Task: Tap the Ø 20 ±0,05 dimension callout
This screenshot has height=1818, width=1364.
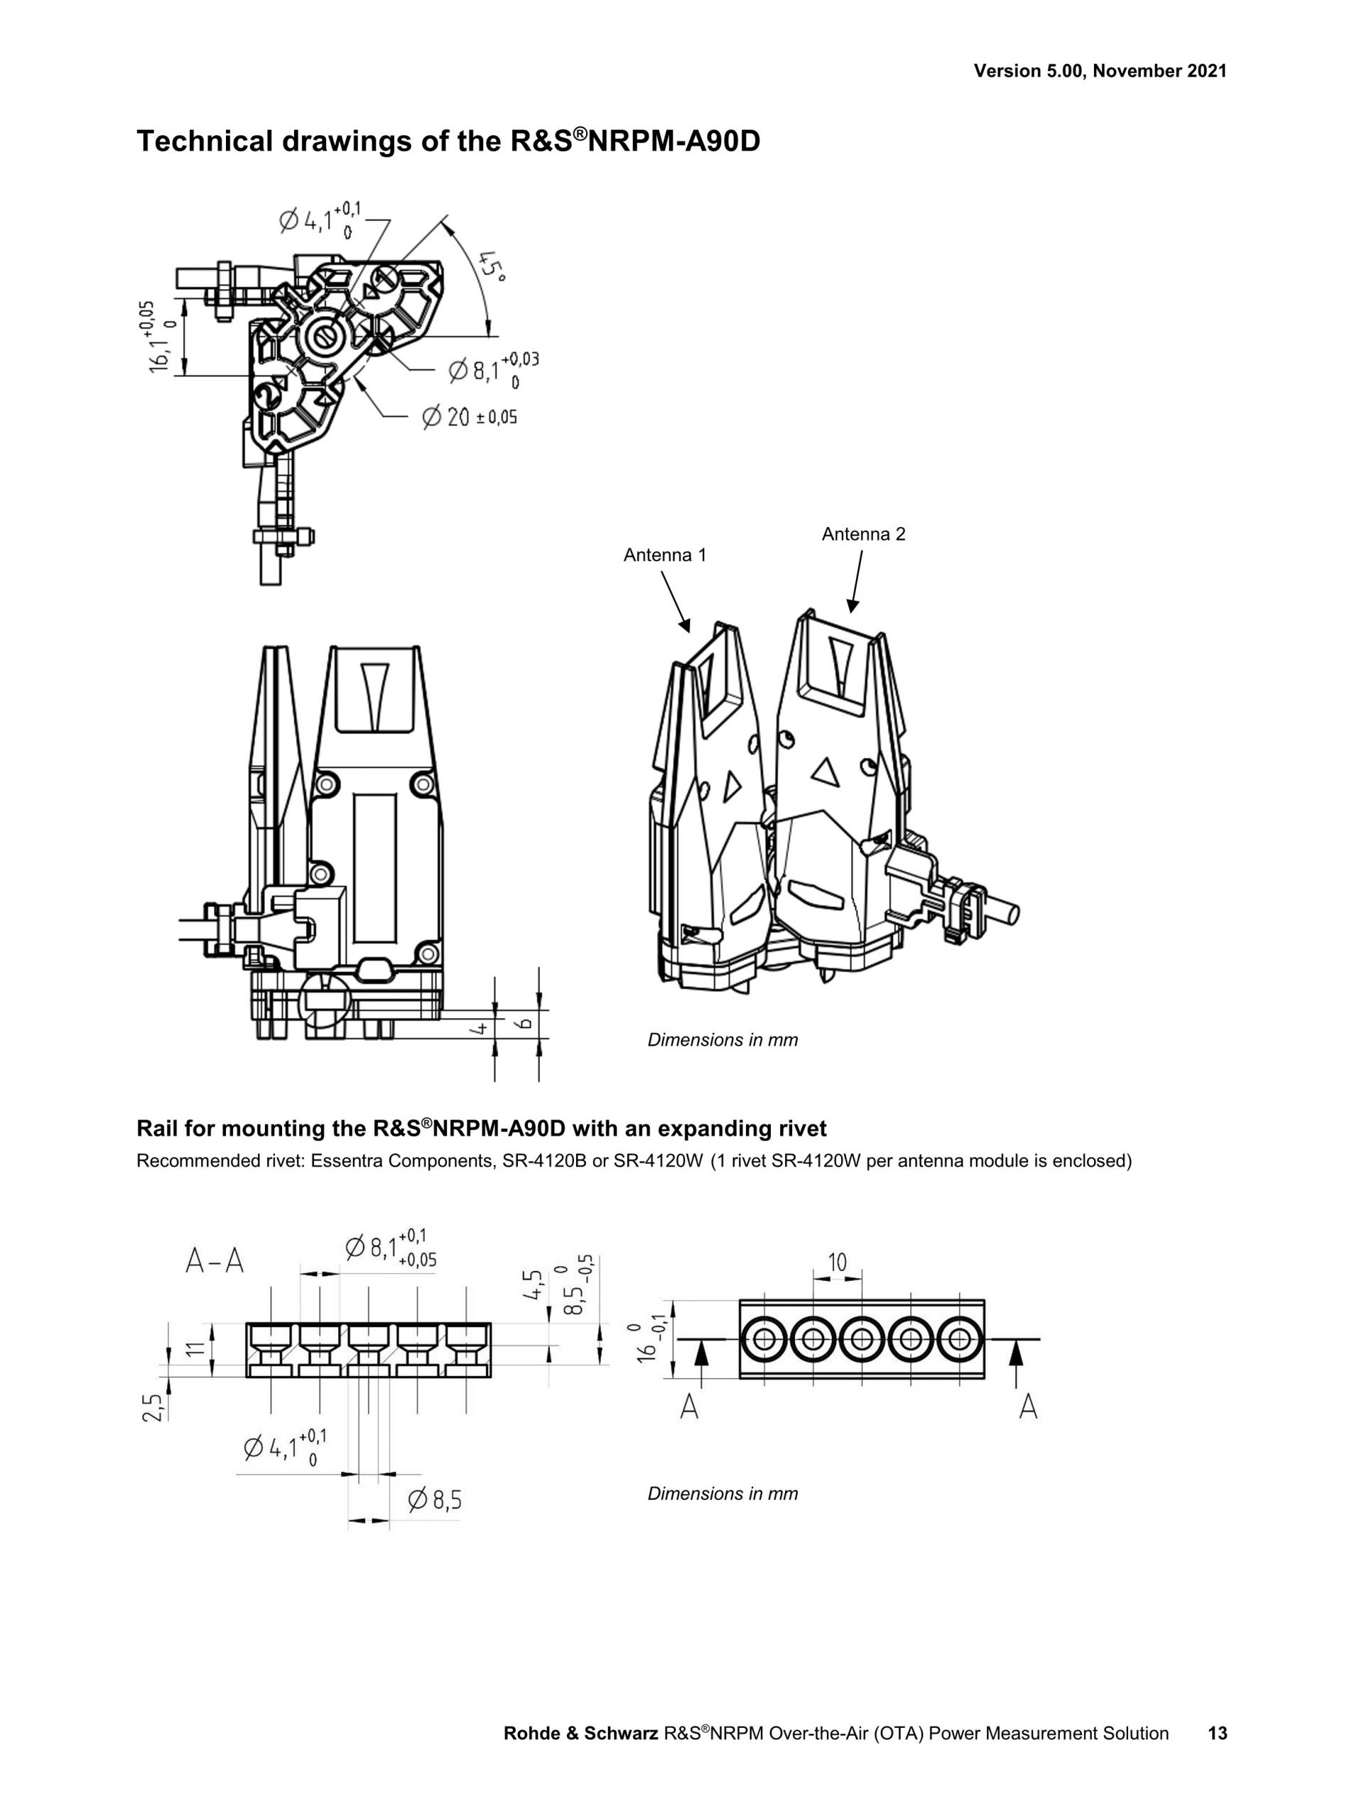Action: tap(469, 417)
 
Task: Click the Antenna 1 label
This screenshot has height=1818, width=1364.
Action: tap(665, 555)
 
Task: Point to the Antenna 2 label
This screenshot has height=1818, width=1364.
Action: tap(864, 534)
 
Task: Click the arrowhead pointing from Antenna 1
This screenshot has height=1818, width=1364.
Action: tap(683, 627)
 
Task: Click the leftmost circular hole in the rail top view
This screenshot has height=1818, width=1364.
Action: tap(764, 1339)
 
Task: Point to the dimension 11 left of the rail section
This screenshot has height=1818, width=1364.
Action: tap(194, 1348)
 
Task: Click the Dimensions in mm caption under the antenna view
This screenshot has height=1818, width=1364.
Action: tap(722, 1039)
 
